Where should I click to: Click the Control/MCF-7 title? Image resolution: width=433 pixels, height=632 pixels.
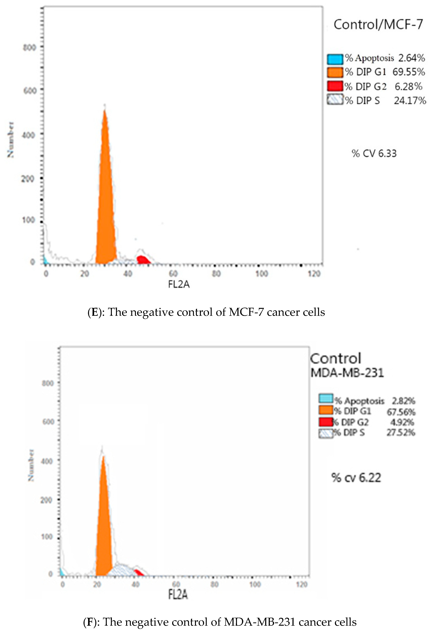[x=378, y=25]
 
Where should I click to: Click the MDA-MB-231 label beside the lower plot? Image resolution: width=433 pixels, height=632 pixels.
[x=347, y=373]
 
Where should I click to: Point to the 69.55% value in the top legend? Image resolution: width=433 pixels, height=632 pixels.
[x=408, y=72]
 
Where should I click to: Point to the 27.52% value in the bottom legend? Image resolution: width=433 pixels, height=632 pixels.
[x=401, y=432]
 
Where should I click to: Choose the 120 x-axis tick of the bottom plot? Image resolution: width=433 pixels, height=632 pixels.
[x=302, y=584]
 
